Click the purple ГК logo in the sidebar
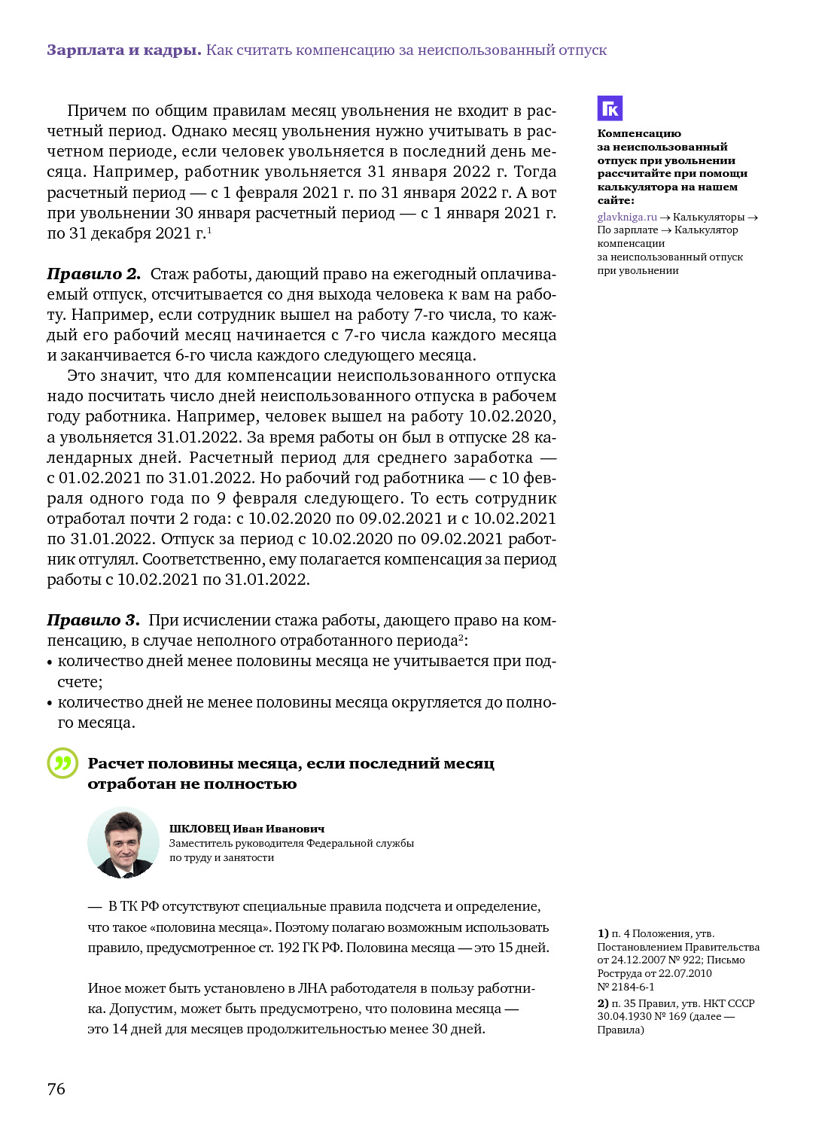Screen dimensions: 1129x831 coord(610,108)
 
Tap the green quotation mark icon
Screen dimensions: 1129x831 coord(62,763)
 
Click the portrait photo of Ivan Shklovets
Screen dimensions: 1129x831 coord(123,842)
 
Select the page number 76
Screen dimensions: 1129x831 coord(56,1088)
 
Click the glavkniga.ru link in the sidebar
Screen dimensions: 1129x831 coord(627,217)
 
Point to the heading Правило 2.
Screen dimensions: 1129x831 coord(93,274)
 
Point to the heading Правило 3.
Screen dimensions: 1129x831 coord(93,620)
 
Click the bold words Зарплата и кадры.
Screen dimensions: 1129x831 coord(123,50)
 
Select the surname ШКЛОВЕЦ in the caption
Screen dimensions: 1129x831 coord(199,829)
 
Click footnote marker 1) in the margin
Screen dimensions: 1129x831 coord(603,933)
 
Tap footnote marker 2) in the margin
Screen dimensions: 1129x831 coord(603,1003)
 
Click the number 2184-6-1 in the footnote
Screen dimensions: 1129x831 coord(632,987)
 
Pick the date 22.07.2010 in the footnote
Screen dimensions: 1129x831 coord(685,973)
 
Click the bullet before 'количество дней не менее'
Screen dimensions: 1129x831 coord(50,704)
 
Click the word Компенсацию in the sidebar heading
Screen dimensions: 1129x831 coord(639,133)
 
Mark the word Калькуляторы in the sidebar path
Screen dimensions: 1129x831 coord(708,217)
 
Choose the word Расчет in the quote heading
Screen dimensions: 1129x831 coord(114,763)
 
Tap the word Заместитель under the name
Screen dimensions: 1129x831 coord(199,843)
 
